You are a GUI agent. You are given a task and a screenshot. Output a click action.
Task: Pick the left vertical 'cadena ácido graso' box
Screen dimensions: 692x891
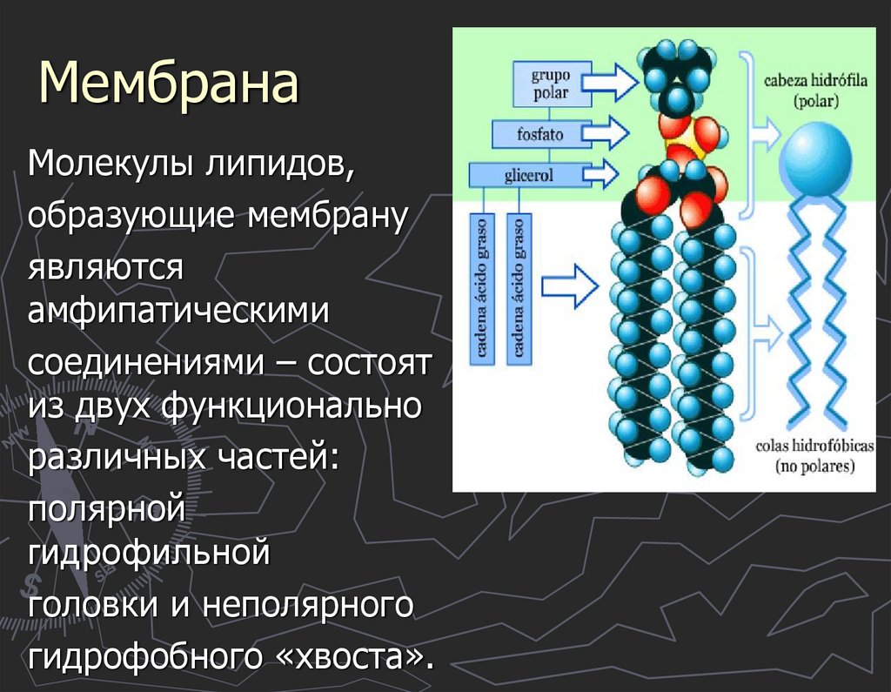point(482,287)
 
